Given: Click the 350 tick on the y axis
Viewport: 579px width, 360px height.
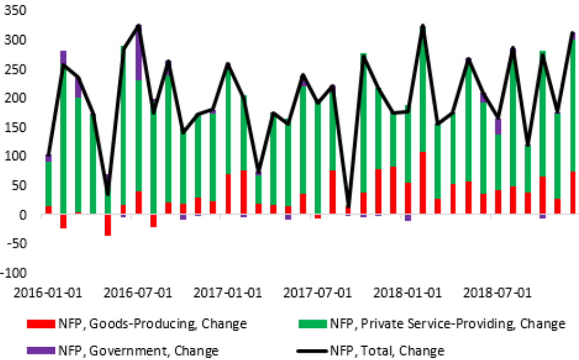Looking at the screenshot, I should tap(16, 11).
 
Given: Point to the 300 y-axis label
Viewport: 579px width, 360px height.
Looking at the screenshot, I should tap(16, 40).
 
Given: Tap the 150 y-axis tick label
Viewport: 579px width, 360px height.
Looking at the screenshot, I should tap(16, 127).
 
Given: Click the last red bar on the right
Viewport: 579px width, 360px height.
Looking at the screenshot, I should tap(573, 193).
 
